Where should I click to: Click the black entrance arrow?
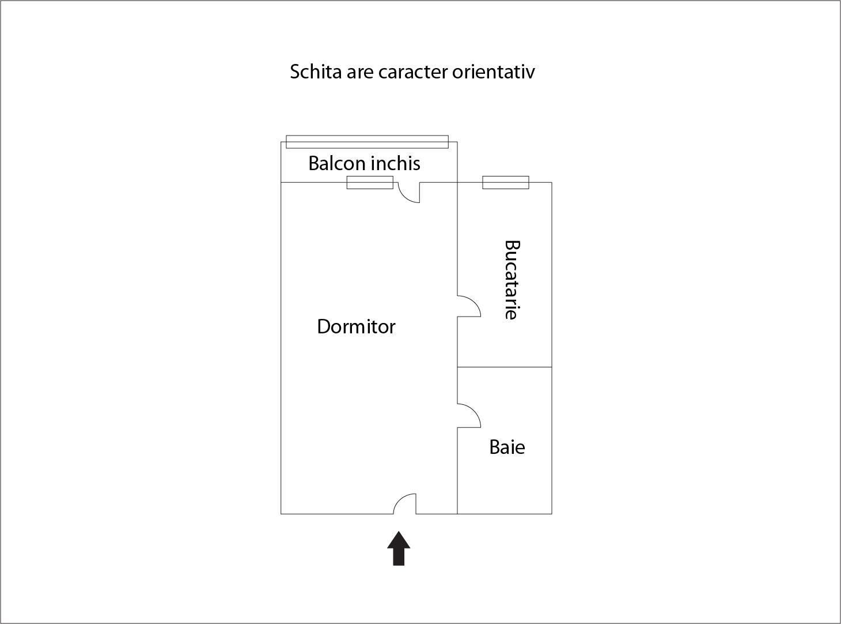tap(399, 548)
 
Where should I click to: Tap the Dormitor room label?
tap(356, 326)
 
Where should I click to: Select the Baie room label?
tap(507, 447)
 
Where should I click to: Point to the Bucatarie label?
tap(512, 280)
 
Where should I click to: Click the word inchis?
tap(396, 163)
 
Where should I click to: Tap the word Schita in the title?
tap(316, 72)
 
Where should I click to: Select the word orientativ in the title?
tap(493, 72)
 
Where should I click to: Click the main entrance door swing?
tap(404, 503)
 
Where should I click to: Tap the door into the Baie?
tap(469, 415)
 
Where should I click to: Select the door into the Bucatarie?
tap(469, 306)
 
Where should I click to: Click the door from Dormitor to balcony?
tap(409, 193)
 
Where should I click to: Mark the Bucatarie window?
tap(505, 182)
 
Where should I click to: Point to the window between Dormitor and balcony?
tap(370, 182)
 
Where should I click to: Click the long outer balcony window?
tap(367, 142)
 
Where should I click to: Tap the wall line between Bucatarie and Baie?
tap(504, 367)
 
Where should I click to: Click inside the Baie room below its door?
tap(504, 482)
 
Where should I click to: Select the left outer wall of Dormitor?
tap(281, 348)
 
